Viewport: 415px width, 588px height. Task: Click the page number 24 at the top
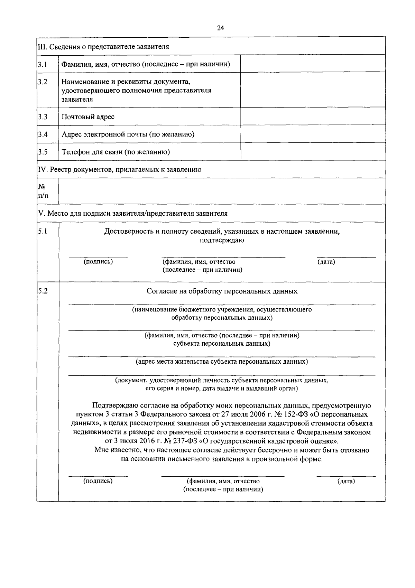point(220,28)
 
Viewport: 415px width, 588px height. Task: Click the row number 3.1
point(43,64)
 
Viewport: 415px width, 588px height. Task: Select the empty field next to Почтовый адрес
point(313,116)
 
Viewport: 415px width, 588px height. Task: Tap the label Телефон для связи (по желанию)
point(116,152)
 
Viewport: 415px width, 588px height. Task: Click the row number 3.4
point(43,134)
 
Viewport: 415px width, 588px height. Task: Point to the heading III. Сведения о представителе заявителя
point(103,46)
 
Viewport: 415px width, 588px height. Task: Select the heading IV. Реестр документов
point(120,170)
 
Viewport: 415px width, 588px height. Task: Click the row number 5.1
point(43,231)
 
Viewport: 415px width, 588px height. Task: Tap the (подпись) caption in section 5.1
point(98,262)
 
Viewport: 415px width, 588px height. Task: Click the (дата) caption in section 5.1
point(326,262)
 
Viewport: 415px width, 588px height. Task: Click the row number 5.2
point(43,291)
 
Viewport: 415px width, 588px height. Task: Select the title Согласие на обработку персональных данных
point(222,291)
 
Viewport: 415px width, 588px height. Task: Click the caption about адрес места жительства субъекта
point(222,362)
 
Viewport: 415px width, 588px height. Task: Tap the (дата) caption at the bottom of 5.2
point(346,481)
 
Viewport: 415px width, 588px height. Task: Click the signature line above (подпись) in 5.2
point(98,476)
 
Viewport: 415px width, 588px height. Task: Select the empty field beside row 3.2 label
point(313,90)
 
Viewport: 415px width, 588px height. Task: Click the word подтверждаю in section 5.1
point(222,241)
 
